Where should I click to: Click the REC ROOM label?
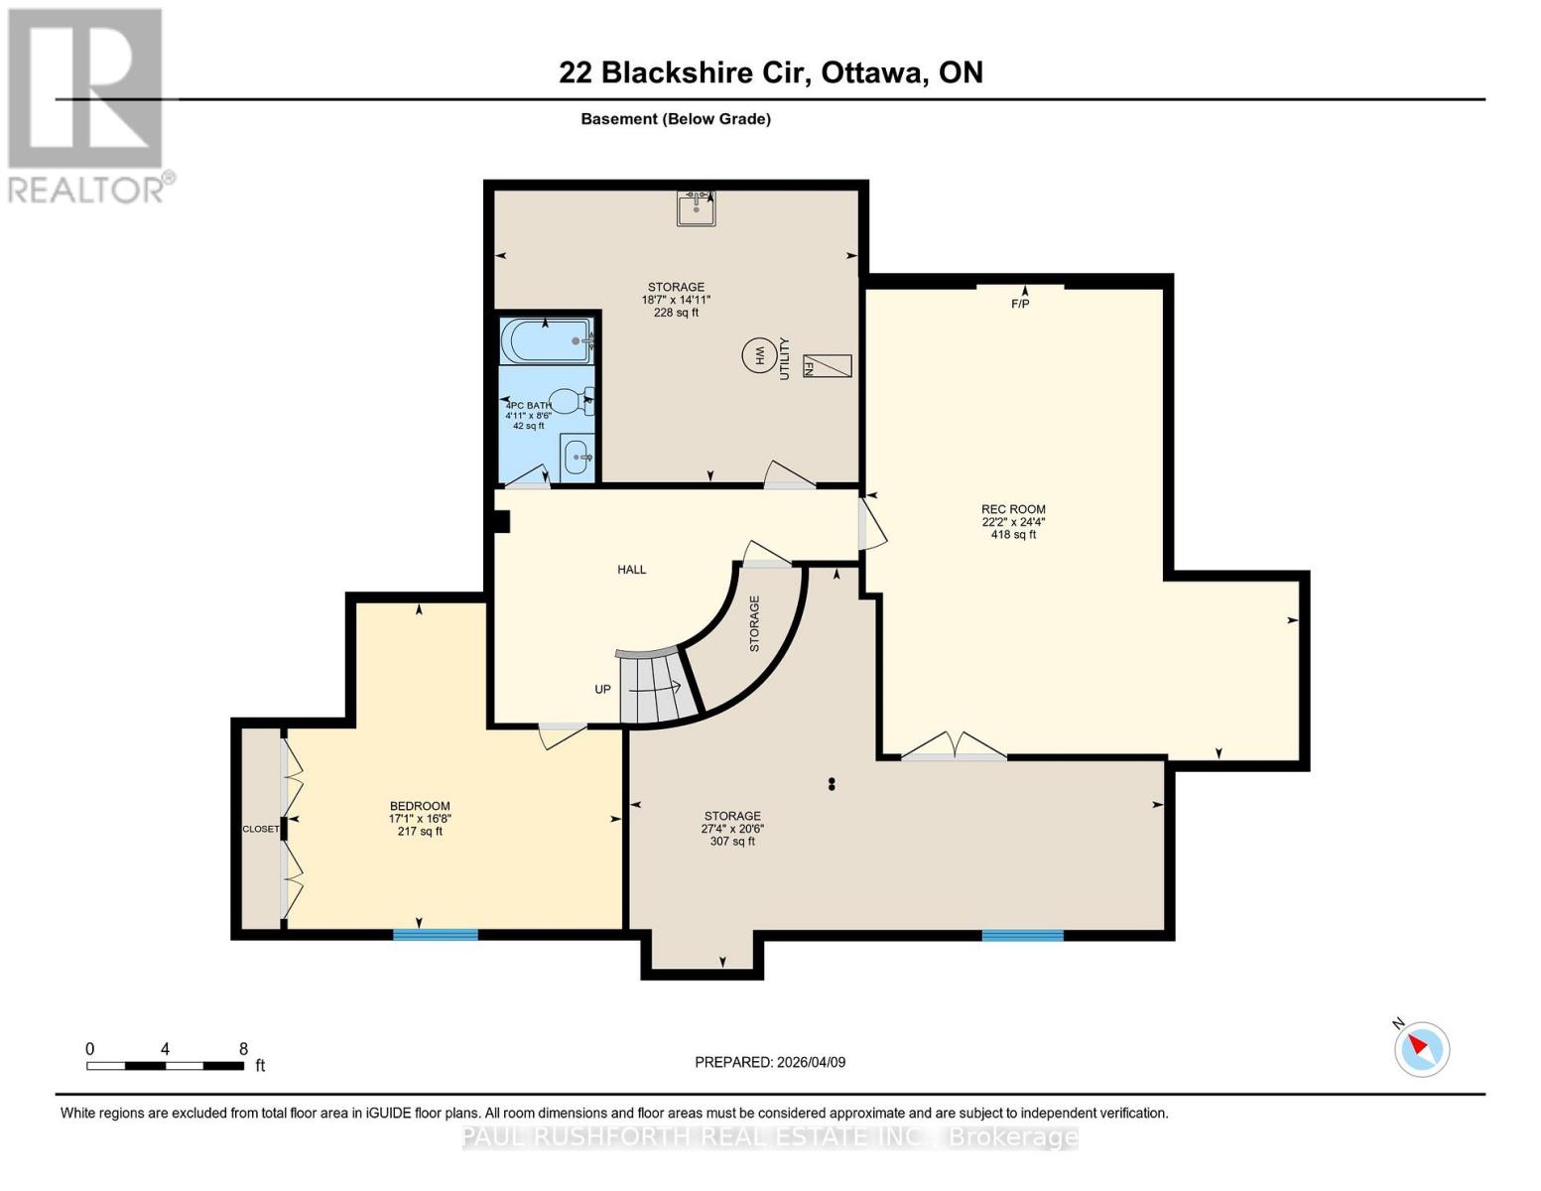(x=1013, y=509)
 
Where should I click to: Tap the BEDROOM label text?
(x=420, y=806)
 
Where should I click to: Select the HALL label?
(x=631, y=570)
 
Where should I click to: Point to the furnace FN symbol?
(x=826, y=365)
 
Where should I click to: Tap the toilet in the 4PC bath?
(x=569, y=401)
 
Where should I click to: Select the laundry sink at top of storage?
(x=697, y=207)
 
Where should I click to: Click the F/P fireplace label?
(x=1020, y=304)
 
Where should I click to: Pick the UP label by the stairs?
(x=602, y=689)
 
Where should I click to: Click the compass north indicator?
(x=1421, y=1047)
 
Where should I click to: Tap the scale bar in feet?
(x=165, y=1066)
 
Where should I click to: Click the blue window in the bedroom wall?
(x=436, y=934)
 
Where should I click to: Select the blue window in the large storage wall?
(x=1022, y=935)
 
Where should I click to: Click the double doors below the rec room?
(x=954, y=748)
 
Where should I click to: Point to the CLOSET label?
(x=261, y=829)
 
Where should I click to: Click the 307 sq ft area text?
(x=732, y=842)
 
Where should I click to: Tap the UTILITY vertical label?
(x=784, y=358)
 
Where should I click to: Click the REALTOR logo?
(x=87, y=104)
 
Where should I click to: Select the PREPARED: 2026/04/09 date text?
(x=770, y=1062)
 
